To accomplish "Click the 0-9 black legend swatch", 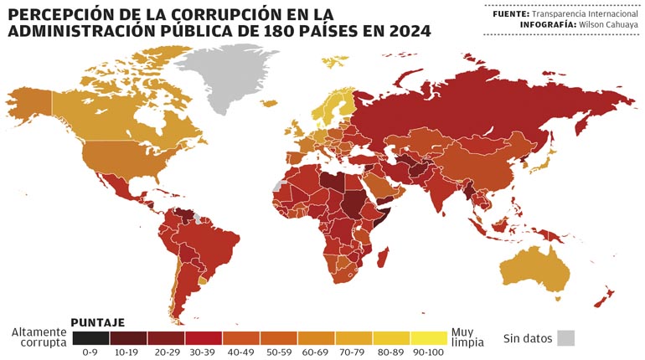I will [90, 337].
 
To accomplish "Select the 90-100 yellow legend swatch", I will [429, 337].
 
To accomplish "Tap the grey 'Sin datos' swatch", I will [566, 338].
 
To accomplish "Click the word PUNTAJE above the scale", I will [98, 321].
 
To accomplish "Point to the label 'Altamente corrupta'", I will [39, 337].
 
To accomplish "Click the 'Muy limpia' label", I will [467, 337].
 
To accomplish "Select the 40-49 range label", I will [240, 352].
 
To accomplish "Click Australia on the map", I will [533, 269].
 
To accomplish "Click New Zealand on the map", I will [606, 295].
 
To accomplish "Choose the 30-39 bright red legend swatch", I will [204, 337].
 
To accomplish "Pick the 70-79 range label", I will [353, 352].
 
